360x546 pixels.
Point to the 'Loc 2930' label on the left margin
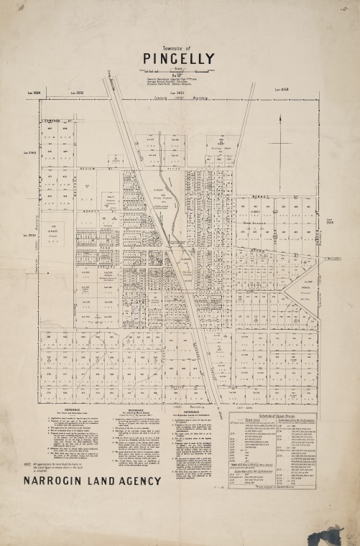tap(29, 234)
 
